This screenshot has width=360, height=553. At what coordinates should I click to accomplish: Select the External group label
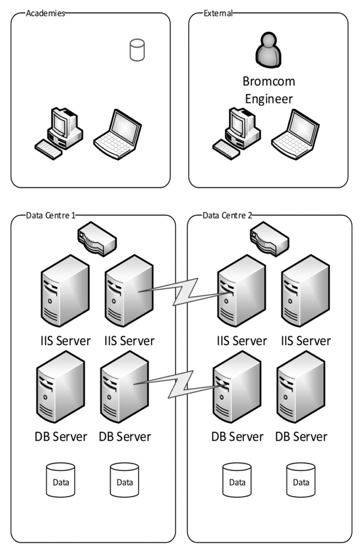click(x=218, y=13)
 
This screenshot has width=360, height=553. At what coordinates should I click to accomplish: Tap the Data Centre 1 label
click(x=51, y=216)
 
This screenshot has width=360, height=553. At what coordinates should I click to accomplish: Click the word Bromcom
click(x=269, y=81)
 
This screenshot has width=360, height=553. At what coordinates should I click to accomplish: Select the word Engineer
click(x=269, y=98)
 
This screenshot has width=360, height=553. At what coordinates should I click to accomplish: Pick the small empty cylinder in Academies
click(x=137, y=50)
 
